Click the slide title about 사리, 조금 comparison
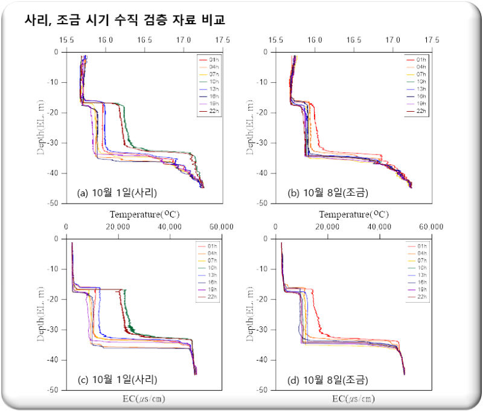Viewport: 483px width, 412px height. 126,21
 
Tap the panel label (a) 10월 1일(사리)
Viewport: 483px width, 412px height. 118,193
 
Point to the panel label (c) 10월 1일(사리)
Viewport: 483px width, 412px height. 118,380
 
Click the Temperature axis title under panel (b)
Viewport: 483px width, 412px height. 354,214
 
